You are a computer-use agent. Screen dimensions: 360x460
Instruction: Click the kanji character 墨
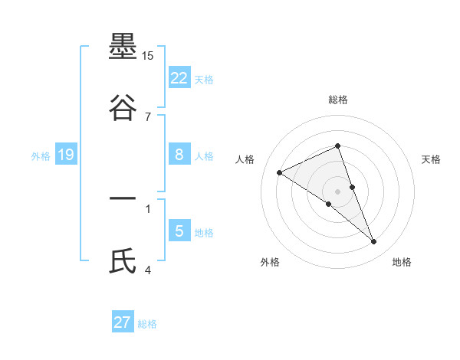click(x=123, y=48)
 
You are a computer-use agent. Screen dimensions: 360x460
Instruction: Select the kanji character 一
click(x=123, y=200)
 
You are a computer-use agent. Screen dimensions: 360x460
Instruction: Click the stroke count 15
click(x=148, y=56)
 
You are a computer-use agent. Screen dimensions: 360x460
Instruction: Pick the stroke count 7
click(x=148, y=116)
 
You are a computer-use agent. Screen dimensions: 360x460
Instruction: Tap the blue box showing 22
click(x=179, y=78)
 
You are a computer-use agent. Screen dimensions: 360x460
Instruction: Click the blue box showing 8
click(x=179, y=155)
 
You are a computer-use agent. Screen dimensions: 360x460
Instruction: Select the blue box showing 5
click(x=179, y=231)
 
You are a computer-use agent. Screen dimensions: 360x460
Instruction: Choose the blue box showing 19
click(x=66, y=155)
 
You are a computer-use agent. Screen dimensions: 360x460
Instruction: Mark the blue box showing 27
click(x=123, y=322)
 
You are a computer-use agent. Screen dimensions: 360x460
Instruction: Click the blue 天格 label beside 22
click(x=204, y=79)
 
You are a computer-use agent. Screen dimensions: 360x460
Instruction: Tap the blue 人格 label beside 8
click(x=204, y=155)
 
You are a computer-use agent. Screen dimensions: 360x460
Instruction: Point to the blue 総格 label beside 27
click(x=147, y=323)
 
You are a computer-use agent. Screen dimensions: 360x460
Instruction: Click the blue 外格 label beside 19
click(x=41, y=155)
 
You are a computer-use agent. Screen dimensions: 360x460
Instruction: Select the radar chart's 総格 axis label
click(x=338, y=100)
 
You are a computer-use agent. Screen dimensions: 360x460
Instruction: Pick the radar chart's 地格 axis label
click(x=402, y=262)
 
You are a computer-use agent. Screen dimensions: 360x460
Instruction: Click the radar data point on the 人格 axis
click(x=280, y=172)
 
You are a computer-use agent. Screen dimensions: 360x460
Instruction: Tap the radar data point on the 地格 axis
click(x=374, y=242)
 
